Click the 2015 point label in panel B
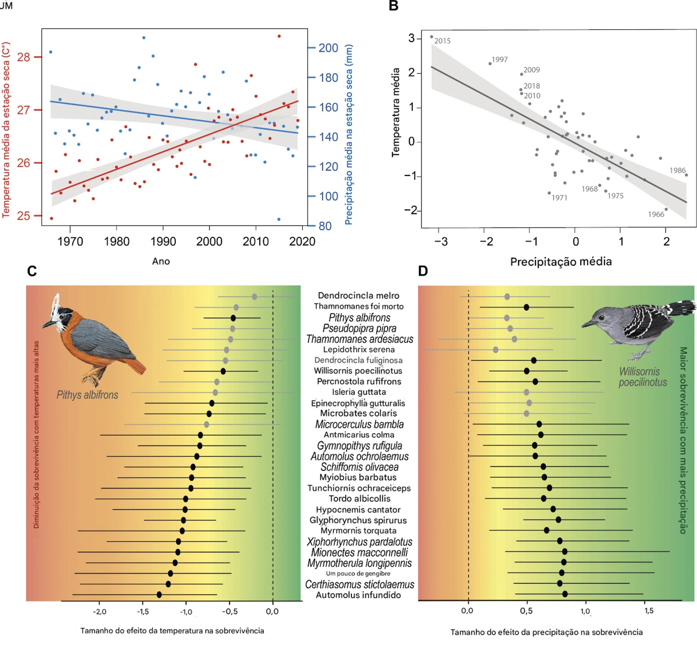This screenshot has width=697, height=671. tap(442, 41)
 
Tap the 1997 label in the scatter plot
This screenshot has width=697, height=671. tap(499, 59)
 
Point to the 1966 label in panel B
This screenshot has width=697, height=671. tap(656, 214)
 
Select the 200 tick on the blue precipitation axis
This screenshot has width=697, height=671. tap(328, 48)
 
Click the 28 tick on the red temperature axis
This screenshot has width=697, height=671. tap(24, 57)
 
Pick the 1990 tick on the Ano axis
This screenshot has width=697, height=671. tap(163, 241)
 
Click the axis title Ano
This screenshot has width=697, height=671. tap(161, 261)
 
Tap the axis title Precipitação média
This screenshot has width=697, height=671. tap(561, 262)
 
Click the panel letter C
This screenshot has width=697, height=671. tap(32, 271)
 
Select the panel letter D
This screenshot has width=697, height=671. tap(423, 271)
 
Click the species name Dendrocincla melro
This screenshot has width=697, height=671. tap(358, 296)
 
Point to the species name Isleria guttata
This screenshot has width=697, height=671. tap(358, 392)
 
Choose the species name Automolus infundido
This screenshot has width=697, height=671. tap(358, 595)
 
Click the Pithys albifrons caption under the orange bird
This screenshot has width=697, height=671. tap(87, 395)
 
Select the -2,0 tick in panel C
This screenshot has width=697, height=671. tap(99, 612)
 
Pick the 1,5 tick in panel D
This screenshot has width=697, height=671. tap(648, 611)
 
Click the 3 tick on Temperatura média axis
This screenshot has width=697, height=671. tap(411, 38)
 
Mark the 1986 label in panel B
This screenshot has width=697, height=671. tap(677, 171)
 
